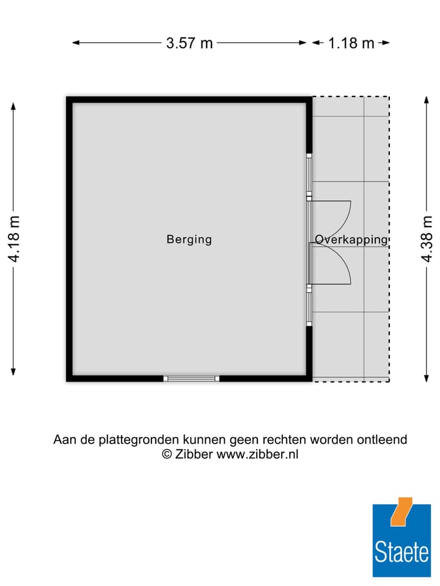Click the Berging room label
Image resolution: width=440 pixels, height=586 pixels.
point(189,239)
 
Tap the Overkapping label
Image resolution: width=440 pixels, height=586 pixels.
point(351,239)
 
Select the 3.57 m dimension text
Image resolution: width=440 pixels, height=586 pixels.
point(189,43)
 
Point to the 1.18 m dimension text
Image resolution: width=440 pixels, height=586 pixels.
point(351,43)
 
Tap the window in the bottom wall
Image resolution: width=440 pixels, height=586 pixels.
point(192,378)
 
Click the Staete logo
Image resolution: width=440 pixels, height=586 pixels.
point(402,540)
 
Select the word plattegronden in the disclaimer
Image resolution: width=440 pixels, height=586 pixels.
point(130,440)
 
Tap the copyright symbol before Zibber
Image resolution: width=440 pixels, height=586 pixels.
point(166,454)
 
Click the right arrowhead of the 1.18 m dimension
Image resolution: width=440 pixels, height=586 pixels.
point(386,43)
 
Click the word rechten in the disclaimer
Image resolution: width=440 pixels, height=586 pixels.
point(285,440)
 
